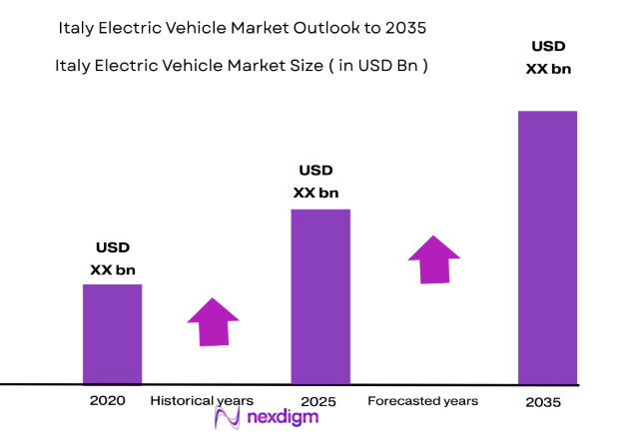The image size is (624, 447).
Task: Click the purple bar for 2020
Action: coord(112,333)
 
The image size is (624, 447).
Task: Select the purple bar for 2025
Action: coord(319,296)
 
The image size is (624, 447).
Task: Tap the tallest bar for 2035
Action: coord(547,246)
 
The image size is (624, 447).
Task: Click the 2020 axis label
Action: coord(108,400)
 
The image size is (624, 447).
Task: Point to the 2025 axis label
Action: coord(319,401)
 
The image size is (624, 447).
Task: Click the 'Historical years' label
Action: coord(202,400)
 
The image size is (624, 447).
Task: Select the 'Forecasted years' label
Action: coord(422,401)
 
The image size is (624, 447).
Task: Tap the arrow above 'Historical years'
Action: coord(213,321)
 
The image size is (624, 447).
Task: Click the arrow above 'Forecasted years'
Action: coord(434,259)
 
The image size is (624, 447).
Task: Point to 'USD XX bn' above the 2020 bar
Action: coord(113,258)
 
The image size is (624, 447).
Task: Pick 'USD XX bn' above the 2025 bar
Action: coord(315,181)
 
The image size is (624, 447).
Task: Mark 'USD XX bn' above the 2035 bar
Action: coord(547,58)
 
